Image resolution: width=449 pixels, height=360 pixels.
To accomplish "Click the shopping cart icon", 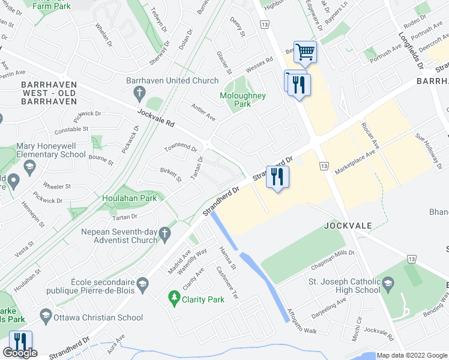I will pos(306,53).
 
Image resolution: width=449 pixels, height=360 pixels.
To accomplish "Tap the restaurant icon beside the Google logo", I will pos(20,343).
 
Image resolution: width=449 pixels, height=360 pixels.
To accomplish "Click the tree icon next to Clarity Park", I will pos(174,297).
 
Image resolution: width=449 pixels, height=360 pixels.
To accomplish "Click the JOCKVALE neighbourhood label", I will pos(347,226).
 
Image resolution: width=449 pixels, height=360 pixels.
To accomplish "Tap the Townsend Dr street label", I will pos(181,147).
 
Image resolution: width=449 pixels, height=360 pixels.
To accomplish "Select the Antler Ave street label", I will pos(203,114).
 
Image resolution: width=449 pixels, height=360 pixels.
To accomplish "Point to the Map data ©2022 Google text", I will pos(412,355).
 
